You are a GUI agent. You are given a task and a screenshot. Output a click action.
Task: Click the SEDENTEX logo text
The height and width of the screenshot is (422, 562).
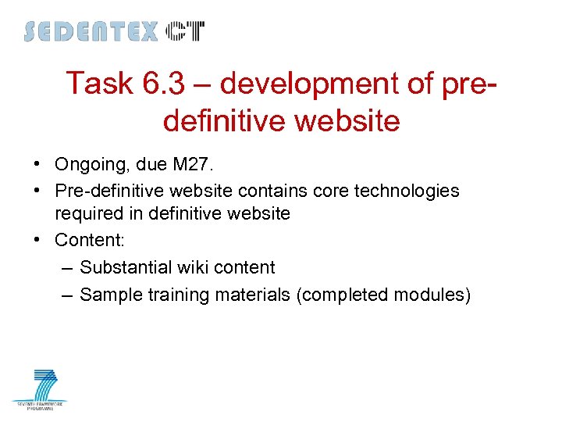tap(91, 32)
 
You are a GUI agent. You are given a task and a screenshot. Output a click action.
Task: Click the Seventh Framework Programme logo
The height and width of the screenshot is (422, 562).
tap(41, 390)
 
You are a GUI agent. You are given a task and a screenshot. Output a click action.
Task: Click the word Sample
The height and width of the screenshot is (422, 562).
tap(110, 295)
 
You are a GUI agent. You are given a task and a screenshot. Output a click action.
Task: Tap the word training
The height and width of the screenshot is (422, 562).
tap(173, 295)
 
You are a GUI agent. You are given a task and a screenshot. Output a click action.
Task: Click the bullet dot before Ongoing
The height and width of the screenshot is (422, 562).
tap(37, 165)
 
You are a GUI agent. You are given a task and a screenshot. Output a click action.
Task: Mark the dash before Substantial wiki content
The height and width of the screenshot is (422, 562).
tap(66, 267)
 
